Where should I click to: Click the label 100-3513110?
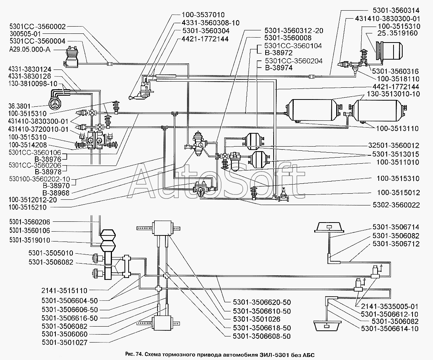(x=397, y=129)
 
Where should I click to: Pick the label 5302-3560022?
(x=397, y=205)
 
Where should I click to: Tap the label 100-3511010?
(x=397, y=163)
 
